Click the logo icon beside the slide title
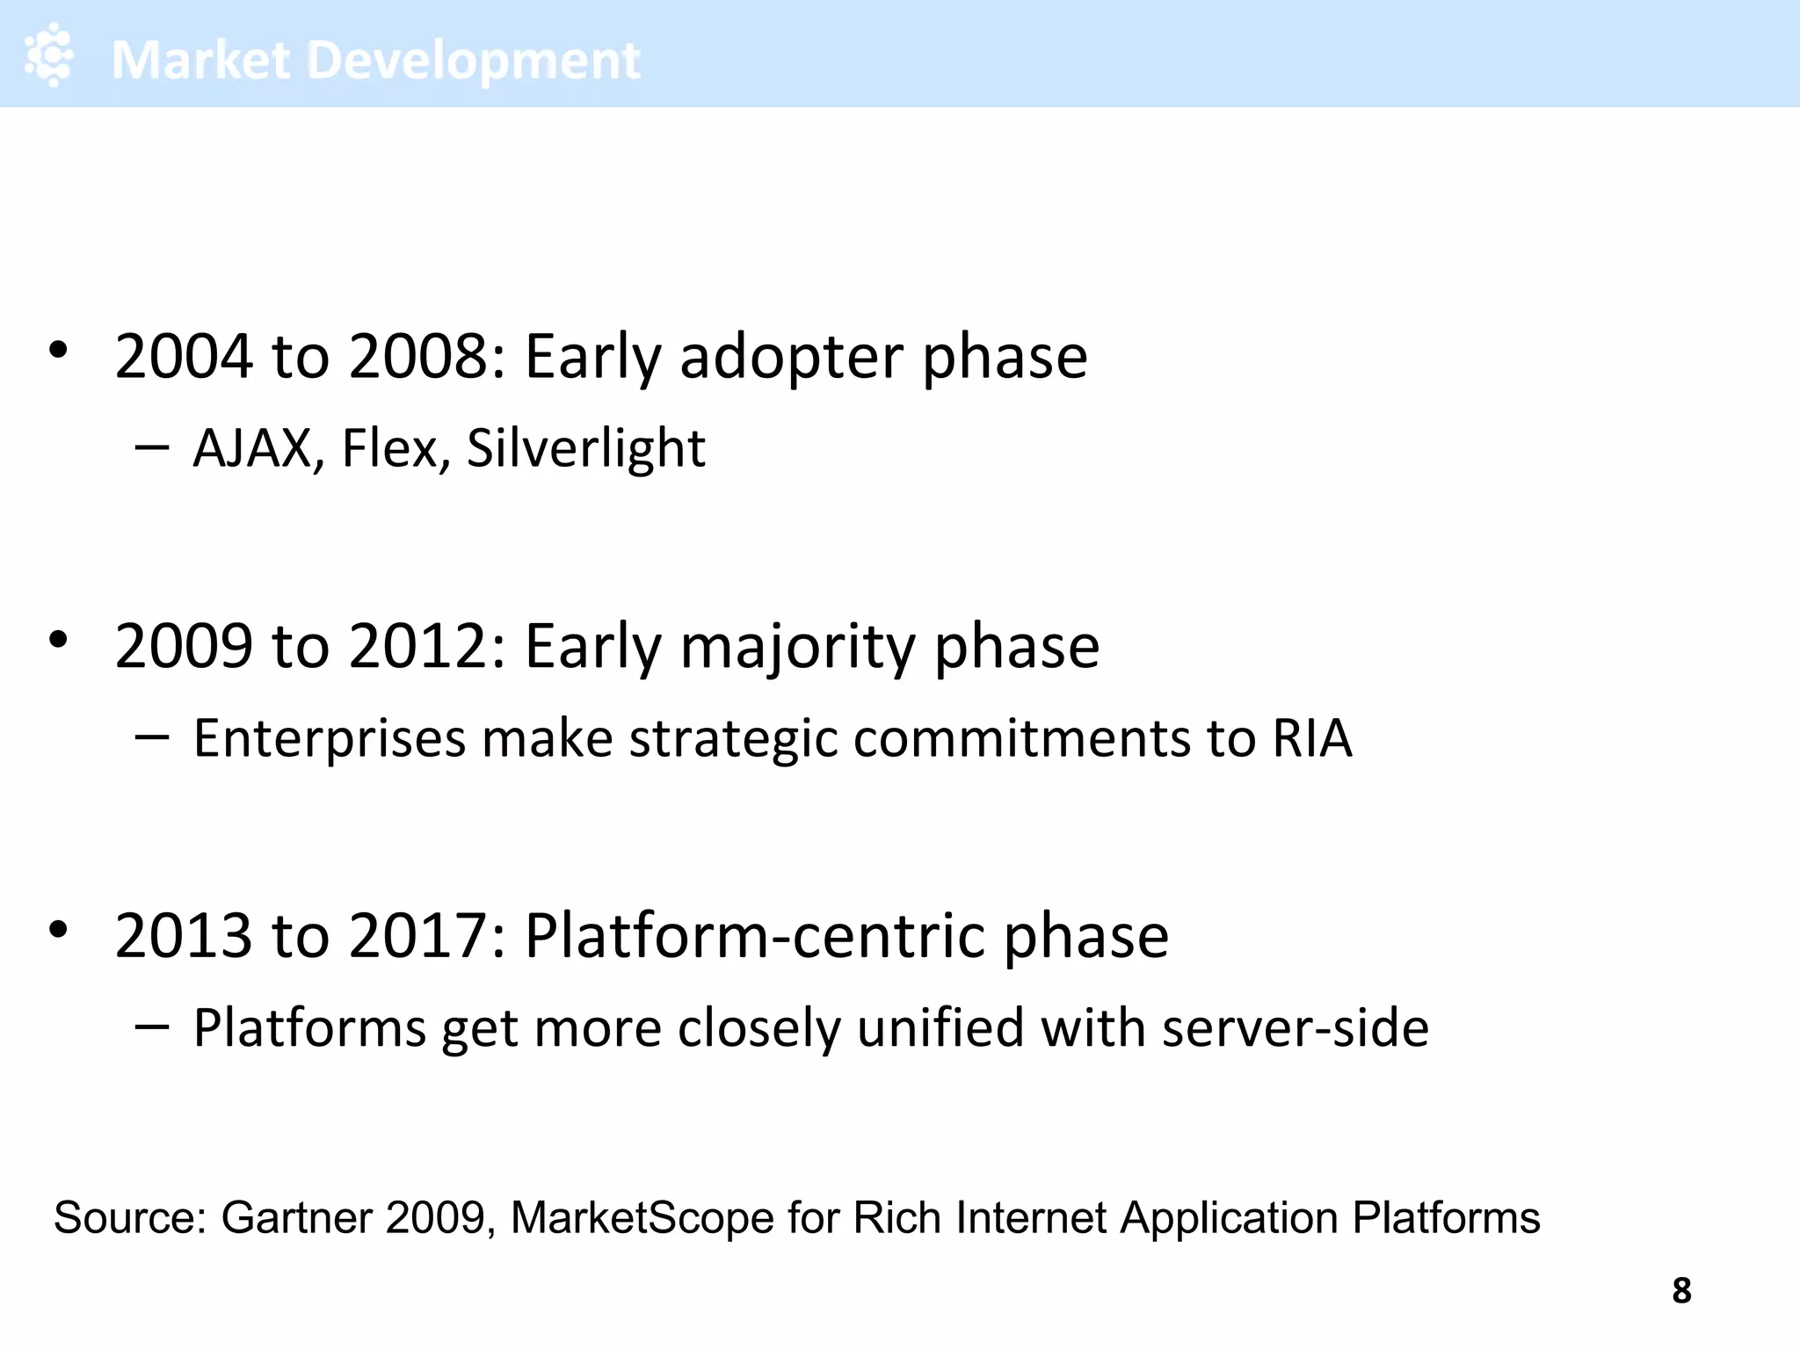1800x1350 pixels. pyautogui.click(x=49, y=55)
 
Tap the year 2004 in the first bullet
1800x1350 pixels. pyautogui.click(x=184, y=357)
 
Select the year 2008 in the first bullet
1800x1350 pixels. pyautogui.click(x=417, y=357)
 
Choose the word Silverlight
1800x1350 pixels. pyautogui.click(x=585, y=448)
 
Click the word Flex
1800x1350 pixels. pyautogui.click(x=389, y=448)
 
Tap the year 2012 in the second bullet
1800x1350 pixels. pyautogui.click(x=417, y=647)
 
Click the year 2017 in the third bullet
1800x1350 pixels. pyautogui.click(x=417, y=936)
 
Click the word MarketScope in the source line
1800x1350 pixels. pyautogui.click(x=642, y=1218)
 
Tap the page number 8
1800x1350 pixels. pyautogui.click(x=1680, y=1290)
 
